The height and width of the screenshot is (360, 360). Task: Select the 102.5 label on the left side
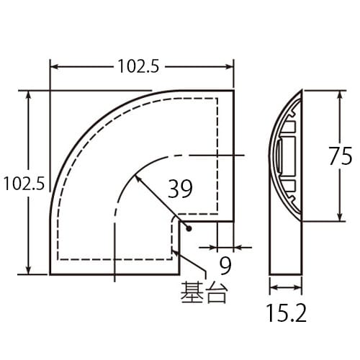tap(24, 183)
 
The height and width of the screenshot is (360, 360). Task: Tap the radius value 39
tap(180, 189)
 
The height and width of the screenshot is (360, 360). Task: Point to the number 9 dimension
tap(225, 266)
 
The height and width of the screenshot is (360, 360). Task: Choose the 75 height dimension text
tap(339, 156)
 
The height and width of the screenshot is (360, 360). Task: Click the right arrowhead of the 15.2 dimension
tap(299, 290)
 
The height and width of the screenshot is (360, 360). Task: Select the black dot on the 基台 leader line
tap(186, 228)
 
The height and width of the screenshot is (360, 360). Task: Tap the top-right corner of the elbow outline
tap(234, 91)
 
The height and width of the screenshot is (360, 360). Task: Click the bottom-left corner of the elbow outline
tap(50, 274)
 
